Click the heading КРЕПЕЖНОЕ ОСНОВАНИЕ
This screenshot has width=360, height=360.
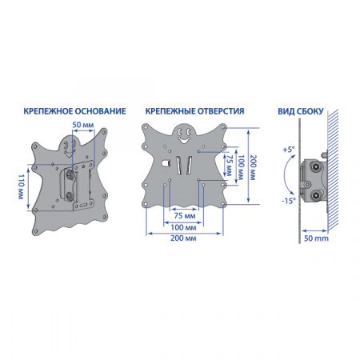pyautogui.click(x=74, y=111)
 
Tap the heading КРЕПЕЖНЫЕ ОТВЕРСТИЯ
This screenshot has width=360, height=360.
pyautogui.click(x=194, y=111)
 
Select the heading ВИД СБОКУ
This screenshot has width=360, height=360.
pyautogui.click(x=301, y=111)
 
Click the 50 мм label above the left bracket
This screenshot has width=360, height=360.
pyautogui.click(x=83, y=125)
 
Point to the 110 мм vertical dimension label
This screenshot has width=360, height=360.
pyautogui.click(x=21, y=186)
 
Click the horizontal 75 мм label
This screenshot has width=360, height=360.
pyautogui.click(x=185, y=215)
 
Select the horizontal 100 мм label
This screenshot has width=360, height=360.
pyautogui.click(x=183, y=227)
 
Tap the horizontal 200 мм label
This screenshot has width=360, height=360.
pyautogui.click(x=183, y=238)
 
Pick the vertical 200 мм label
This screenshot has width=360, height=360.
pyautogui.click(x=253, y=167)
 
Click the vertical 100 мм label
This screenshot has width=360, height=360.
pyautogui.click(x=241, y=167)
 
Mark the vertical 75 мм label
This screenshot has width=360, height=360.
pyautogui.click(x=230, y=166)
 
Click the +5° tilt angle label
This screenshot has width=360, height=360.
pyautogui.click(x=289, y=150)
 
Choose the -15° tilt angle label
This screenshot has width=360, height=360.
pyautogui.click(x=289, y=201)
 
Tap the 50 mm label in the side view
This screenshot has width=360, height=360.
pyautogui.click(x=316, y=238)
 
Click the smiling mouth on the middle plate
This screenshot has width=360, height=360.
pyautogui.click(x=183, y=139)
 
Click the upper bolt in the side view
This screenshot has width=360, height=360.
pyautogui.click(x=316, y=167)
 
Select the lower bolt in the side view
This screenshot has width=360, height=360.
pyautogui.click(x=316, y=195)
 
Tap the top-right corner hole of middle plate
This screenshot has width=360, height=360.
pyautogui.click(x=223, y=128)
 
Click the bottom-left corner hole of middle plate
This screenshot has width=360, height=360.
pyautogui.click(x=146, y=204)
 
